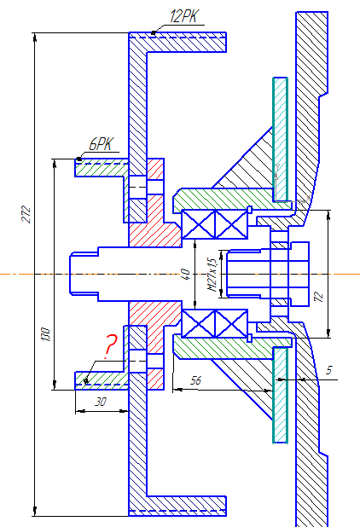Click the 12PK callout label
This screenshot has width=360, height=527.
(184, 16)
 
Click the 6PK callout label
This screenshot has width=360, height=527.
(102, 144)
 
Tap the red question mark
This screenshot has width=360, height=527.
(110, 346)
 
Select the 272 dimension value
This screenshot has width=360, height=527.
(26, 214)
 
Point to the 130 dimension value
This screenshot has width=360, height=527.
(46, 334)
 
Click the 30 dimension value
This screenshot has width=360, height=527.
(101, 402)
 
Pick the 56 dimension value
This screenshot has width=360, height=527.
(195, 380)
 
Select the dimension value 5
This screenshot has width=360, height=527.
(328, 370)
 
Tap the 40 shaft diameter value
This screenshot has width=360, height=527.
(186, 275)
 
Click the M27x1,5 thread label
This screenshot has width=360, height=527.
(212, 275)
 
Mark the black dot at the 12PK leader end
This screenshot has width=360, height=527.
(154, 33)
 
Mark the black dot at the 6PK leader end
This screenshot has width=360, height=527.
(79, 159)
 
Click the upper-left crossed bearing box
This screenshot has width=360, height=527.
(198, 224)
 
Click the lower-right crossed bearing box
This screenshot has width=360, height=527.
(231, 324)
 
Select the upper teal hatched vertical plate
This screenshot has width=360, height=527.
(281, 139)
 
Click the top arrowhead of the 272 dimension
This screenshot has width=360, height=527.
(35, 37)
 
